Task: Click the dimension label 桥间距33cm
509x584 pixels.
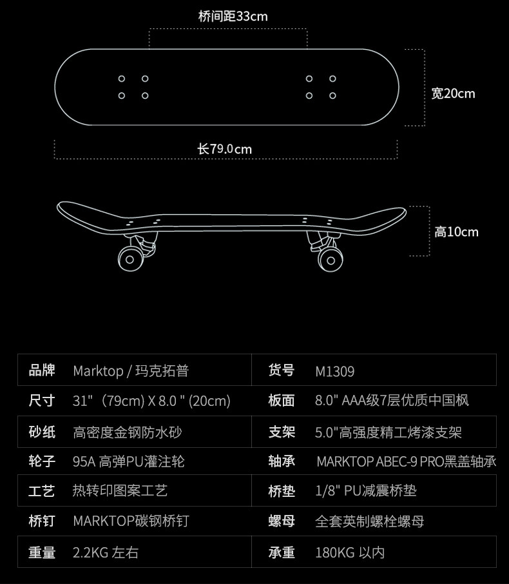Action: pyautogui.click(x=233, y=16)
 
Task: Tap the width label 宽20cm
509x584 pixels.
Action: pyautogui.click(x=453, y=94)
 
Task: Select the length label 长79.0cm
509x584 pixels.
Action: pyautogui.click(x=225, y=149)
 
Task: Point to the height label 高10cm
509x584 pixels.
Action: pyautogui.click(x=456, y=232)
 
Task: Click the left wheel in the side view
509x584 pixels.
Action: pyautogui.click(x=131, y=259)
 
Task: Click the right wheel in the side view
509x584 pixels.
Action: pyautogui.click(x=331, y=259)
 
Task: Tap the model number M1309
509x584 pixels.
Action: pyautogui.click(x=335, y=371)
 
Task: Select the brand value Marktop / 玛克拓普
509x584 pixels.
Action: pyautogui.click(x=131, y=371)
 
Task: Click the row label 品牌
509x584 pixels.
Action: pyautogui.click(x=42, y=370)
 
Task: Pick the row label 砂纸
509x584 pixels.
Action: pyautogui.click(x=42, y=431)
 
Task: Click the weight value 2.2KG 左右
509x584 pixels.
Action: pyautogui.click(x=106, y=552)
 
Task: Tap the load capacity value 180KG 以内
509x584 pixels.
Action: pyautogui.click(x=350, y=552)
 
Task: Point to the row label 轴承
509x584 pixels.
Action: pyautogui.click(x=282, y=461)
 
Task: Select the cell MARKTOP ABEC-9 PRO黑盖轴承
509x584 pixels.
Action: pyautogui.click(x=406, y=461)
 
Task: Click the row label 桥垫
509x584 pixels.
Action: pyautogui.click(x=282, y=491)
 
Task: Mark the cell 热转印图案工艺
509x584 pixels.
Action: pyautogui.click(x=120, y=491)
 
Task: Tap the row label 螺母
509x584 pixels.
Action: pyautogui.click(x=282, y=521)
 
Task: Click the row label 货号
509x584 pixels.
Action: pyautogui.click(x=282, y=370)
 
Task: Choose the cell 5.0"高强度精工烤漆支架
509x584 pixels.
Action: pyautogui.click(x=389, y=431)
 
